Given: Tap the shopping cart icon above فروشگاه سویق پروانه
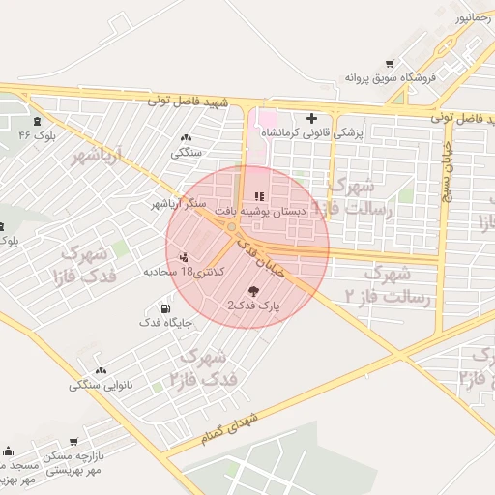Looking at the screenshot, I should (390, 62).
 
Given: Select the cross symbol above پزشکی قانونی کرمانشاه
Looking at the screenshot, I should (311, 118).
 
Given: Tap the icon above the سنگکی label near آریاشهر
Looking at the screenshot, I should (186, 138).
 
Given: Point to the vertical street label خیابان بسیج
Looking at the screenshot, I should (448, 174).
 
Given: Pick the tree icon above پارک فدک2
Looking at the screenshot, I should (253, 291).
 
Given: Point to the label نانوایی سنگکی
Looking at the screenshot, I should (101, 385).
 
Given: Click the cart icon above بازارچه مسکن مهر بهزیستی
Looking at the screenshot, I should (73, 442).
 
